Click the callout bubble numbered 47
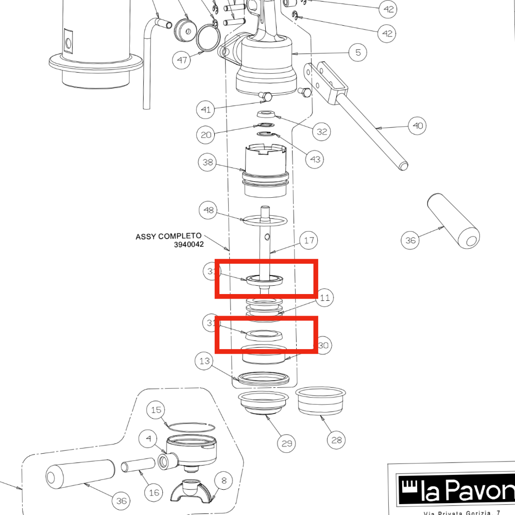click(x=182, y=60)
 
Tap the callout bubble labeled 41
click(x=205, y=110)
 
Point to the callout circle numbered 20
click(x=206, y=135)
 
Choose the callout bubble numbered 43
click(x=315, y=159)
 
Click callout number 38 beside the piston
click(x=208, y=163)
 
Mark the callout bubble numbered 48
click(x=209, y=210)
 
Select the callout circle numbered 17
click(x=309, y=240)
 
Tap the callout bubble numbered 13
click(x=205, y=362)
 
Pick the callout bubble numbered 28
click(x=336, y=440)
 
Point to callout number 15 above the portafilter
click(x=156, y=410)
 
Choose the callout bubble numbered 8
click(x=224, y=480)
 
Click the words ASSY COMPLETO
click(x=168, y=236)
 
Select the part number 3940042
click(x=188, y=245)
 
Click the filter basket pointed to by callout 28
click(x=320, y=401)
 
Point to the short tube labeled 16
click(x=138, y=467)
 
